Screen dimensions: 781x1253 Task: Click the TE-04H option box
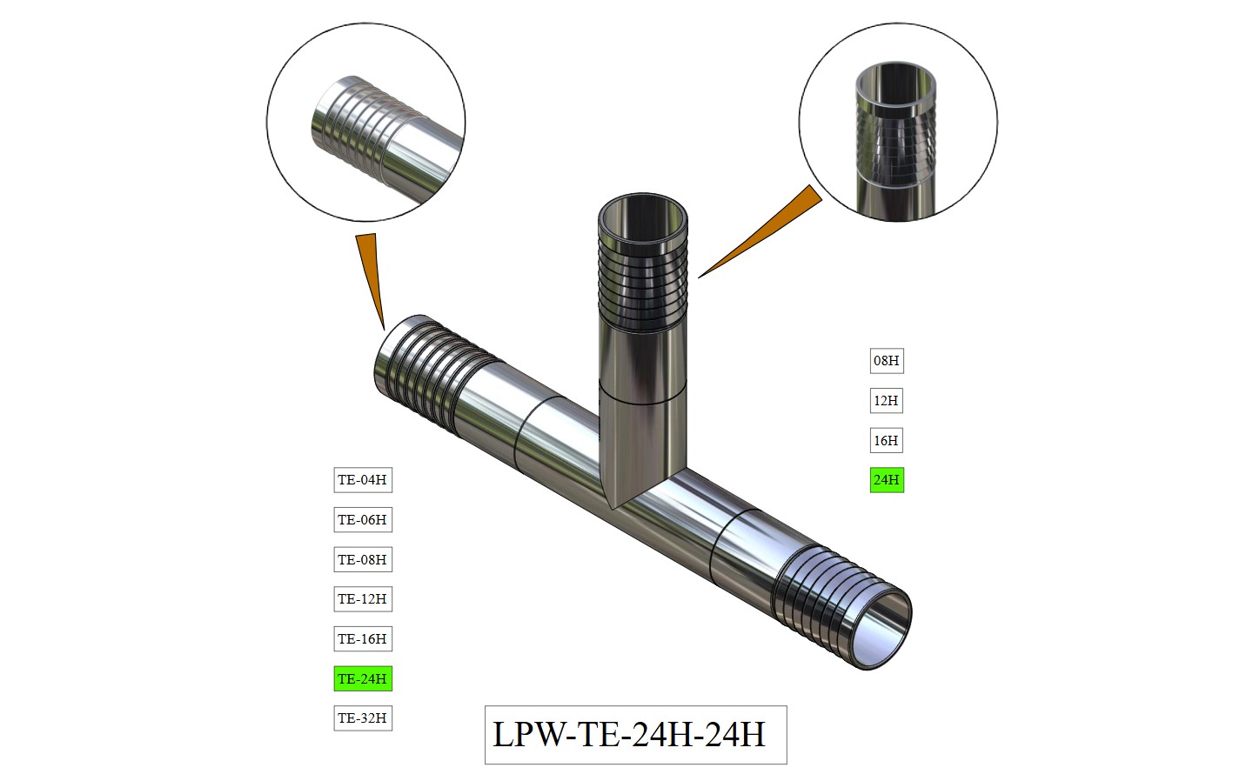click(363, 480)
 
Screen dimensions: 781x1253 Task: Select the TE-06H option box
click(363, 520)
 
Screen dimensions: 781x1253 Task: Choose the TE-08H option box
click(363, 559)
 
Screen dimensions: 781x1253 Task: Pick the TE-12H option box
click(363, 599)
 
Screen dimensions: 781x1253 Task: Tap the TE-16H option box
click(363, 639)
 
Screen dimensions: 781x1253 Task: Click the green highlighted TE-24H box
click(363, 678)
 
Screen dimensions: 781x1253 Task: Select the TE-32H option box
click(363, 718)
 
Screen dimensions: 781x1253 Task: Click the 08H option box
click(887, 361)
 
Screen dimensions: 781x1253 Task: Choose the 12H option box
click(887, 401)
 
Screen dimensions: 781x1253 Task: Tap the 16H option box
click(887, 441)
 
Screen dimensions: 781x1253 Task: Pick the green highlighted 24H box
click(887, 480)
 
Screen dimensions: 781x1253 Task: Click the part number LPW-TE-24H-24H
click(635, 735)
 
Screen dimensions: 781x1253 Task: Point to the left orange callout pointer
click(369, 270)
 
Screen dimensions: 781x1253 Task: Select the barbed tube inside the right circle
click(896, 139)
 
